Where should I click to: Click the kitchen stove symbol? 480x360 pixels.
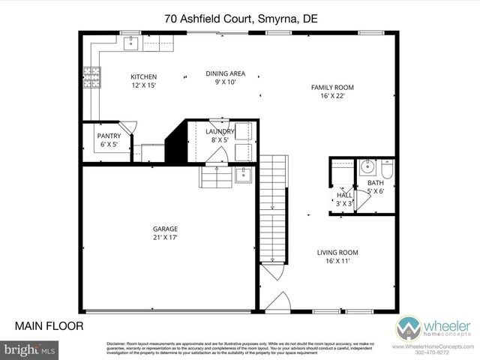[x=95, y=76]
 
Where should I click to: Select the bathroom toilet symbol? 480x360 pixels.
[x=386, y=166]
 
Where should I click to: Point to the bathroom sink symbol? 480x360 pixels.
[x=367, y=166]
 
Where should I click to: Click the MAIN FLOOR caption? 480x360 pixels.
[x=49, y=325]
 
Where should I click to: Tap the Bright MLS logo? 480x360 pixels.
[x=31, y=349]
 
